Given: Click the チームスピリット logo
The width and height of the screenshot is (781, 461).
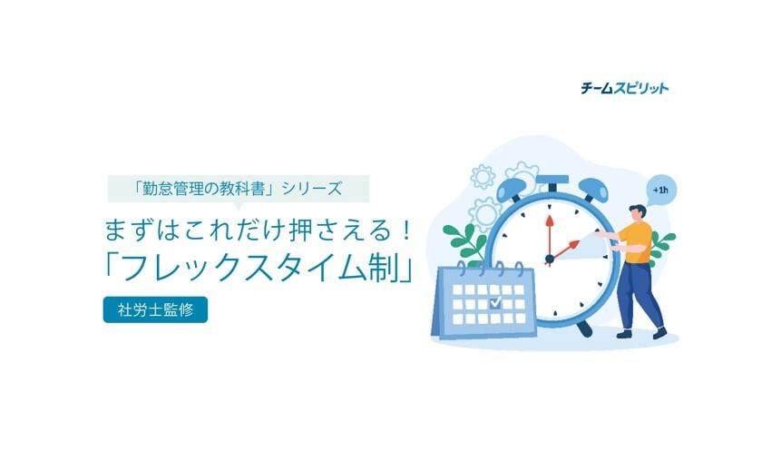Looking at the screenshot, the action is point(625,88).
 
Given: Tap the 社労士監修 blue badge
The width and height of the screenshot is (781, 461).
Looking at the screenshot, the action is point(155,310).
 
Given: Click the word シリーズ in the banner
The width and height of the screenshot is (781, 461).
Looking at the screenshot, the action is point(312,189).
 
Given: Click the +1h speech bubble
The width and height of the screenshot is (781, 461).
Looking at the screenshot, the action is point(661,191).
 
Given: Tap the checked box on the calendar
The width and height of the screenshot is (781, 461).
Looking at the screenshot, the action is point(495,302).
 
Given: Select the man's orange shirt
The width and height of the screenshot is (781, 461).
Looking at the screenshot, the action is point(636,242).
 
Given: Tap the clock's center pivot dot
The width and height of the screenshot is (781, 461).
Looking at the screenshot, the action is point(550,259).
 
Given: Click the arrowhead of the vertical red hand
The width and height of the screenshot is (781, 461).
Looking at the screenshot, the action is point(550,221).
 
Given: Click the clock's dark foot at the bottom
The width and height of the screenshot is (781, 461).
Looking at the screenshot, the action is point(584,329).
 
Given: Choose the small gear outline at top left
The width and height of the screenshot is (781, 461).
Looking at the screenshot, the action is point(483,176).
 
